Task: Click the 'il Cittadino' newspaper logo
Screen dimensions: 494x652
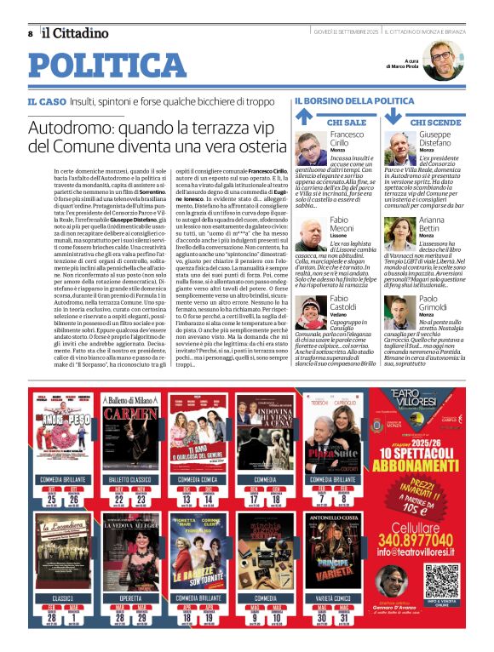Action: (75, 33)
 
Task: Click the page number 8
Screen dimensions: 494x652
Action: (31, 34)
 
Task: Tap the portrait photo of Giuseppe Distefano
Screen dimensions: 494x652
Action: (399, 148)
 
